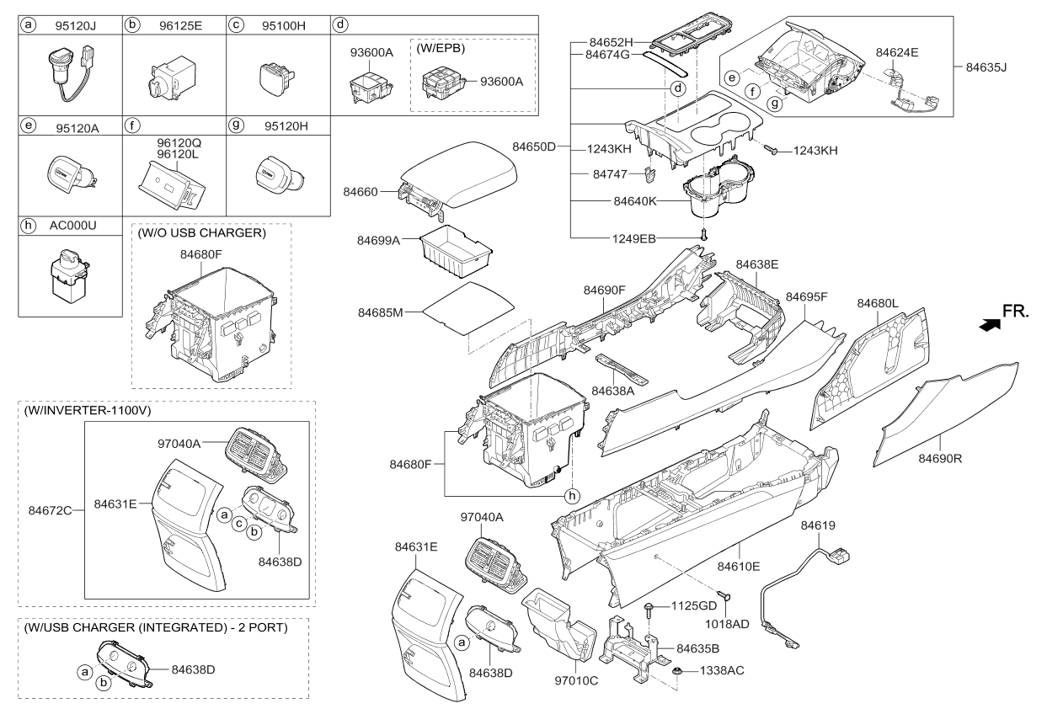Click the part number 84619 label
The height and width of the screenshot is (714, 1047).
pyautogui.click(x=818, y=525)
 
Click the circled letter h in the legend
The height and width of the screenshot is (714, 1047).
pyautogui.click(x=29, y=226)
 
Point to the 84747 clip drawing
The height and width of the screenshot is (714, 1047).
pyautogui.click(x=648, y=174)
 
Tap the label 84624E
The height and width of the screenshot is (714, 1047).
pyautogui.click(x=897, y=52)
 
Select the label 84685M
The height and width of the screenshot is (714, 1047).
pyautogui.click(x=381, y=312)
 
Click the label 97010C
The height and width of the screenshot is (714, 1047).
pyautogui.click(x=577, y=680)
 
